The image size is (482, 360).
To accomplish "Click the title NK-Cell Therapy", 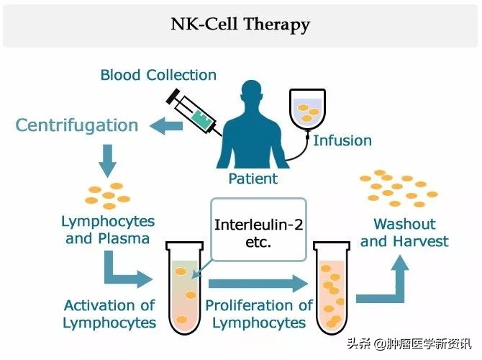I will (x=240, y=24).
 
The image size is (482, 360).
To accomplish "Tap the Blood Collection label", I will (x=158, y=75).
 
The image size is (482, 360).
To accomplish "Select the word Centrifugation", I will (x=77, y=125).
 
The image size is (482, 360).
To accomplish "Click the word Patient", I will (x=253, y=179).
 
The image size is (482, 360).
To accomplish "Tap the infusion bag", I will (x=309, y=109).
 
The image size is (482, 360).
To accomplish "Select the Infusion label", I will (x=342, y=140).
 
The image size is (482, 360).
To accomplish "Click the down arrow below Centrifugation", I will (x=107, y=159).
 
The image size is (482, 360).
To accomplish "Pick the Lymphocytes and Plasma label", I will (x=108, y=230).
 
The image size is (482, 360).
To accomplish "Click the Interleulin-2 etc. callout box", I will (x=259, y=229).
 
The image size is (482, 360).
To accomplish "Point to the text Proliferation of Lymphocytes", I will (x=259, y=314).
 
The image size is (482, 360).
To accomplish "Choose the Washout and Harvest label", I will (x=404, y=233).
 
